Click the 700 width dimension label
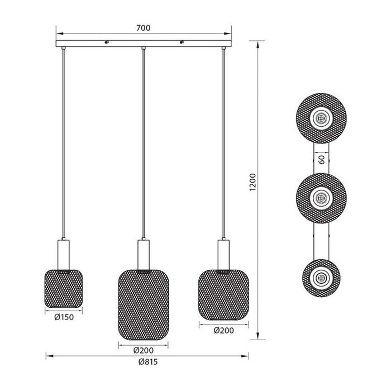pyautogui.click(x=144, y=28)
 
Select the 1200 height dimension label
pyautogui.click(x=252, y=182)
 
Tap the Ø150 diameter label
pyautogui.click(x=64, y=317)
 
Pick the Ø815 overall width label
pyautogui.click(x=148, y=361)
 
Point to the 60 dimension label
pyautogui.click(x=322, y=160)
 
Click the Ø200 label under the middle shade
pyautogui.click(x=144, y=350)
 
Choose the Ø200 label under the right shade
pyautogui.click(x=223, y=331)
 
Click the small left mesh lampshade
pyautogui.click(x=64, y=289)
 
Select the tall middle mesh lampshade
pyautogui.click(x=144, y=305)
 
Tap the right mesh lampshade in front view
pyautogui.click(x=223, y=295)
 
